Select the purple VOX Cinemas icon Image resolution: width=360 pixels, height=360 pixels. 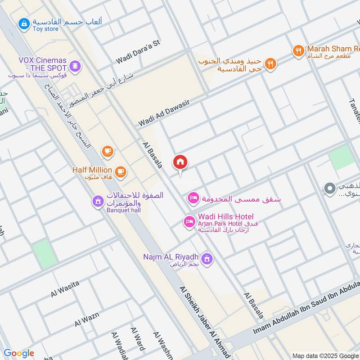76,66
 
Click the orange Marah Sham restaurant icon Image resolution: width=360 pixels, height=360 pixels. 298,51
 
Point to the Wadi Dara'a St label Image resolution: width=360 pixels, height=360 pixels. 138,52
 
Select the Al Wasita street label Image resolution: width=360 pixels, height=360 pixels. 65,288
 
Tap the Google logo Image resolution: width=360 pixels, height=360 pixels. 18,353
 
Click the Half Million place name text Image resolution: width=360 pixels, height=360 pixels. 92,170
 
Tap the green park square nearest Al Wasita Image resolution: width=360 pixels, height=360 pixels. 45,254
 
